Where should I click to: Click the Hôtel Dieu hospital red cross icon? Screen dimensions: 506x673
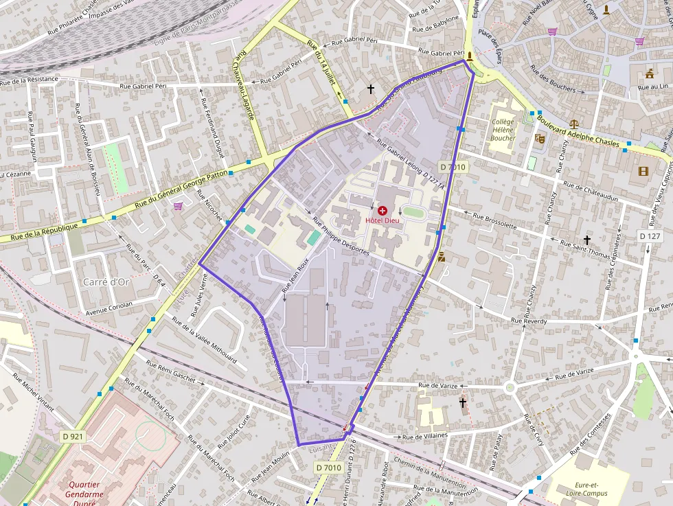(x=382, y=210)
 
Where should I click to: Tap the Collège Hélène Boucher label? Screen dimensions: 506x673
(x=503, y=130)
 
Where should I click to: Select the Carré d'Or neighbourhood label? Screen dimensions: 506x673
(x=106, y=281)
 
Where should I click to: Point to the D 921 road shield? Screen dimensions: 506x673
(x=73, y=436)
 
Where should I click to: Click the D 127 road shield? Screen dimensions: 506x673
(x=649, y=236)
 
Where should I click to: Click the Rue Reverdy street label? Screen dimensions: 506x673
(x=529, y=321)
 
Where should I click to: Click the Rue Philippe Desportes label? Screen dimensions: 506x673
(x=341, y=236)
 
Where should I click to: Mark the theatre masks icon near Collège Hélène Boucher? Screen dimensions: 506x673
(x=539, y=138)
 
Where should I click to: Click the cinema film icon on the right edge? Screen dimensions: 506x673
(x=643, y=171)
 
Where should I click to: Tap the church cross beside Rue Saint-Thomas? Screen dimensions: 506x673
(x=586, y=240)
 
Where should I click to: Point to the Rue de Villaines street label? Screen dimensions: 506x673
(x=424, y=435)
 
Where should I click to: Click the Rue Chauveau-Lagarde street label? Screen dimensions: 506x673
(x=244, y=86)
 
